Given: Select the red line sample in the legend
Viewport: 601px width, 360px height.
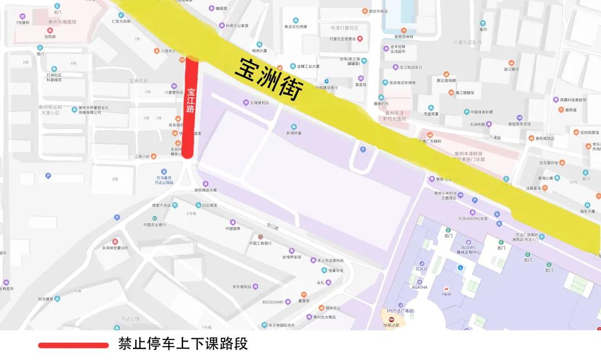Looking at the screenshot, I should tap(73, 346).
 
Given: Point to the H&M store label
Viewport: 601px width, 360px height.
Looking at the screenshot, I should tap(446, 293).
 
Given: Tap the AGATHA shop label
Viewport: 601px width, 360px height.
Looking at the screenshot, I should tap(420, 287).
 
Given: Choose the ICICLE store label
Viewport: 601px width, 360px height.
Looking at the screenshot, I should tap(421, 269).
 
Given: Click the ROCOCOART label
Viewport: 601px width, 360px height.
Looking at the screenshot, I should tap(273, 302).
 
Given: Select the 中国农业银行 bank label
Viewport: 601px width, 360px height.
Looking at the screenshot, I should tap(155, 225).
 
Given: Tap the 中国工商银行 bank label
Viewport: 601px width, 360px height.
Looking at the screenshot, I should tap(260, 243).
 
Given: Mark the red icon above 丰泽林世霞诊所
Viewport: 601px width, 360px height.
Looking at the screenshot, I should tap(115, 241).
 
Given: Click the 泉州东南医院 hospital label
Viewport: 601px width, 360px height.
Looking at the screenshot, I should tap(62, 22).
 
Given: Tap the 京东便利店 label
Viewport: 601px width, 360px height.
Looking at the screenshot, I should tap(245, 287).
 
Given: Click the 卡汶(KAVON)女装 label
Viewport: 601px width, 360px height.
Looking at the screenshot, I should tap(472, 218).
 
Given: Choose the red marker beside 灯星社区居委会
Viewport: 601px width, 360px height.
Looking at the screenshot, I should tap(360, 38).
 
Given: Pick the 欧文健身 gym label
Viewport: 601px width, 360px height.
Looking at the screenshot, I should tap(46, 299).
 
